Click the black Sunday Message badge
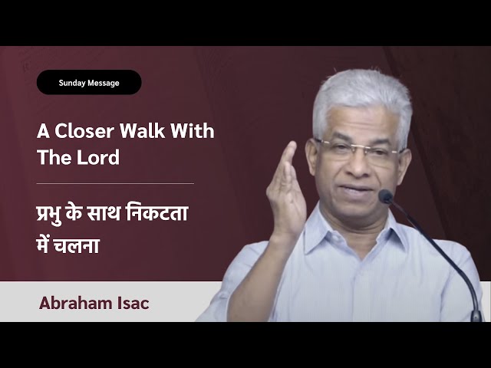tap(89, 82)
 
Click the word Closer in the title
tap(84, 131)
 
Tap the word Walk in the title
tap(143, 131)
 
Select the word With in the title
tap(193, 131)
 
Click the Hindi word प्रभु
tap(48, 213)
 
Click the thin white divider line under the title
tap(115, 184)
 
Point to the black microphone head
tap(386, 196)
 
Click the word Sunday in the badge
tap(72, 83)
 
